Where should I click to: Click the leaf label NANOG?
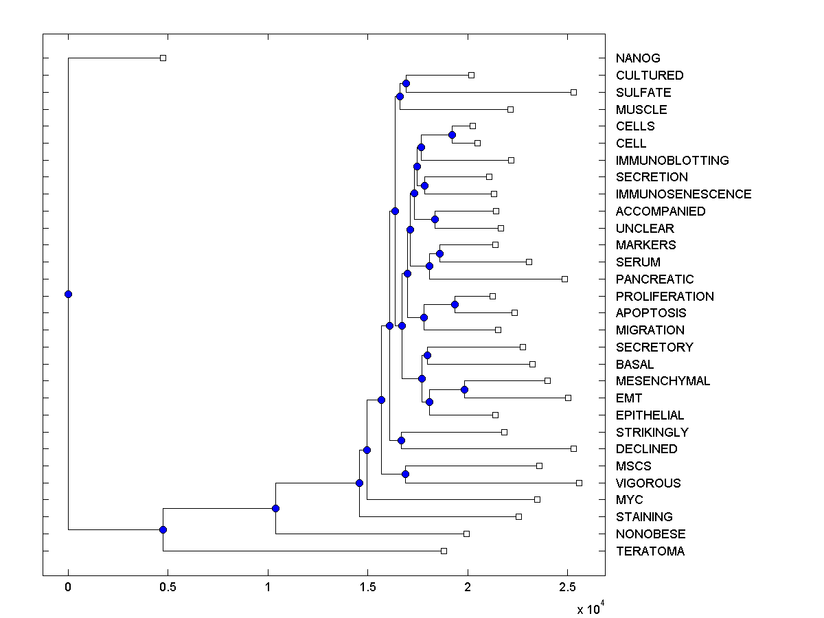(638, 58)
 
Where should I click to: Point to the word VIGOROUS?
(648, 483)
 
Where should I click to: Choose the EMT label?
(629, 398)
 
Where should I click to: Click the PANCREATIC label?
(654, 279)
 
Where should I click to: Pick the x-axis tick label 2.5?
(567, 588)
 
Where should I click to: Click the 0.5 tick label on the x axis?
(168, 588)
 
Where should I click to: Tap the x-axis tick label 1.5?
(367, 588)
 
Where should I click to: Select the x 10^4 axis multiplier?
(589, 608)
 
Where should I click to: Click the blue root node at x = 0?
(68, 294)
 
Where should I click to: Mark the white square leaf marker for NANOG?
(163, 58)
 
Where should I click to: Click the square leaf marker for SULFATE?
(573, 92)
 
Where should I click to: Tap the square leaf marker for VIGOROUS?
(579, 483)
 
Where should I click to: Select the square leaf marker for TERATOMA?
(444, 551)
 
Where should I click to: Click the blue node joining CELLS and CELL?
(452, 135)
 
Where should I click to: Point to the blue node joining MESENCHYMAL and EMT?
(464, 389)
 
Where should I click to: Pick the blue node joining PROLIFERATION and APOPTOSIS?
(455, 304)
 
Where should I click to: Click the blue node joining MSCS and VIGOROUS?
(405, 474)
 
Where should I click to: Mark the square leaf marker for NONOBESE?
(466, 534)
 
